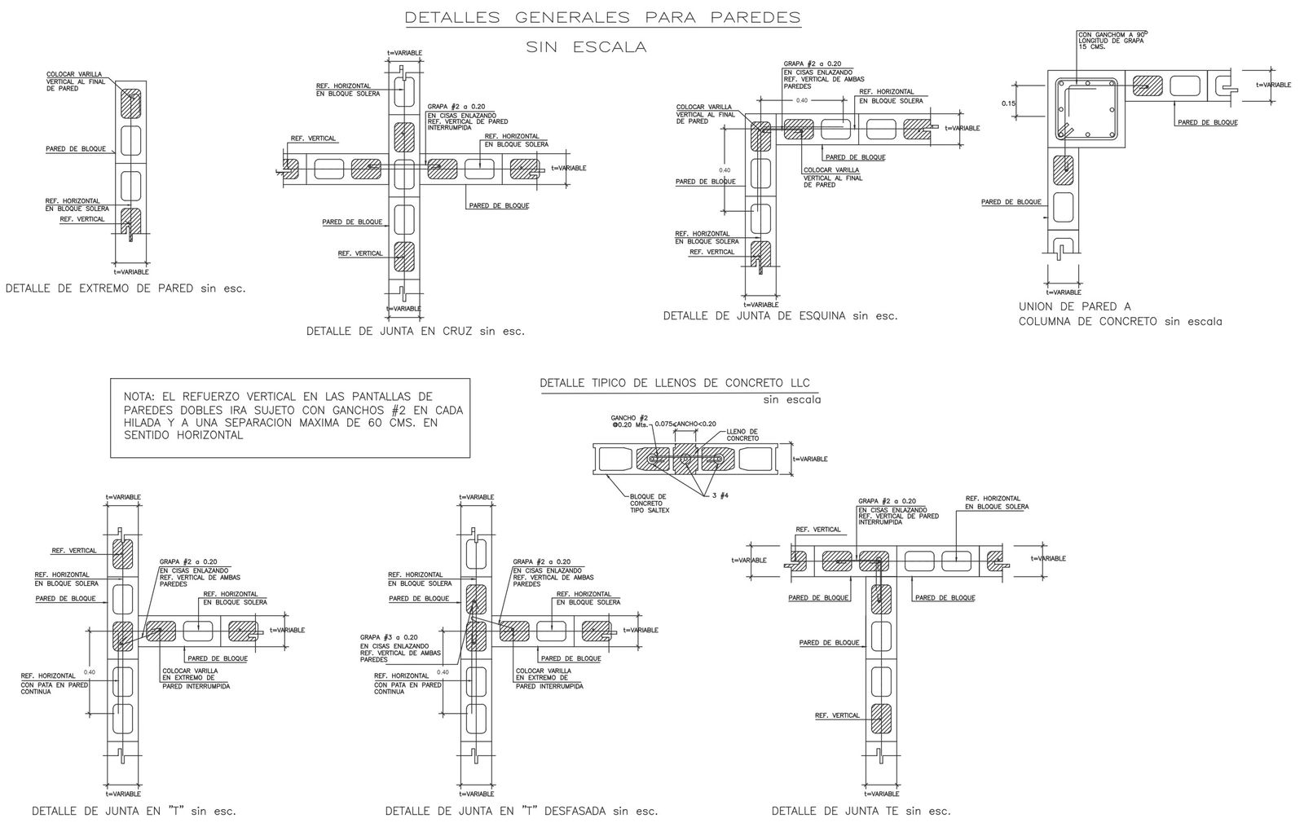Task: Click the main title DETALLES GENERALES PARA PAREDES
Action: [x=602, y=17]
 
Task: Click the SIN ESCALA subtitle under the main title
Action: [x=587, y=47]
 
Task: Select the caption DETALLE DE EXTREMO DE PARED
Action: [x=126, y=288]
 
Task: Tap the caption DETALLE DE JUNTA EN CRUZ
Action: [x=416, y=332]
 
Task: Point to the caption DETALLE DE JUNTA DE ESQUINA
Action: [x=780, y=316]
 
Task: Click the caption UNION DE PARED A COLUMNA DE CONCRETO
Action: [x=1120, y=314]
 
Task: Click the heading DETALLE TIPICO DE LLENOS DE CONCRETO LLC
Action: [x=675, y=384]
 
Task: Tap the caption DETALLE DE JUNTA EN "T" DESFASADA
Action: [x=521, y=812]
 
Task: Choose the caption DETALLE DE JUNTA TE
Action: [x=861, y=812]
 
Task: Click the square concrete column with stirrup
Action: [x=1087, y=107]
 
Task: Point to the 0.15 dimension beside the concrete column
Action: [x=1009, y=103]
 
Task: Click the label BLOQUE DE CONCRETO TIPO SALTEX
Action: [x=649, y=504]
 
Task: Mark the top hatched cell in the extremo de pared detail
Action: [x=131, y=103]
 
